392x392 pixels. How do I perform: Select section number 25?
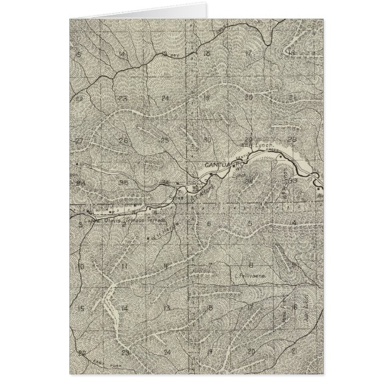point(164,140)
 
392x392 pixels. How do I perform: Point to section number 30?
point(207,140)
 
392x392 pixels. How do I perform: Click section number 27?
point(79,141)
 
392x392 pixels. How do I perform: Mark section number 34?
point(80,182)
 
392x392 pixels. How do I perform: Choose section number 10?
point(80,267)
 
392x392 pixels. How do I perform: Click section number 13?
point(166,309)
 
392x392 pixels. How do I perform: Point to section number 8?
point(251,264)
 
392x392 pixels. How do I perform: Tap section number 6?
point(208,224)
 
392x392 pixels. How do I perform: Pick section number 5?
point(250,223)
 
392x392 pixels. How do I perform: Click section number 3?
point(80,224)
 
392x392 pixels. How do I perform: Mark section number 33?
point(293,180)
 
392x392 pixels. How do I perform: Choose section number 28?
point(293,140)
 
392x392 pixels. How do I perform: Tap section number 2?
point(124,224)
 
